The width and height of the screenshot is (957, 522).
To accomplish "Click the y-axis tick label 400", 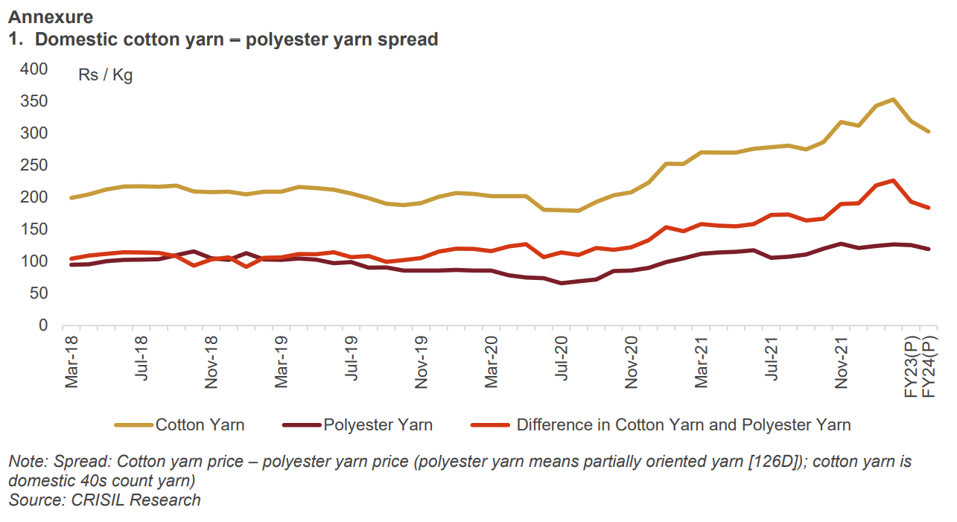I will [33, 69].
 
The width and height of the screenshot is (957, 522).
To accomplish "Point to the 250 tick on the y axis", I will [33, 165].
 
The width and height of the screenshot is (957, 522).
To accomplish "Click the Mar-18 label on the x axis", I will [72, 361].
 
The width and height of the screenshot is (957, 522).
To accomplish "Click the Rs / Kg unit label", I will [105, 75].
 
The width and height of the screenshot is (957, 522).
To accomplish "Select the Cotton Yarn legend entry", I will [200, 425].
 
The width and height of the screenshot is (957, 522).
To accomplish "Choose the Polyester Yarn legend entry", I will [378, 425].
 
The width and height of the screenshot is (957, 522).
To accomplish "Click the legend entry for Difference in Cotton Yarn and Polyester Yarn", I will [683, 425].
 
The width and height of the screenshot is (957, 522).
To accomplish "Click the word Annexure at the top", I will [51, 16].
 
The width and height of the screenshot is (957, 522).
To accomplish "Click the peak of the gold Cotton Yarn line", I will [893, 100].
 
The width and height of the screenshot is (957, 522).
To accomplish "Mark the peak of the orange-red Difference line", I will [893, 180].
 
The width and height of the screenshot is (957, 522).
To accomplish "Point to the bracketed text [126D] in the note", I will [775, 462].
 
